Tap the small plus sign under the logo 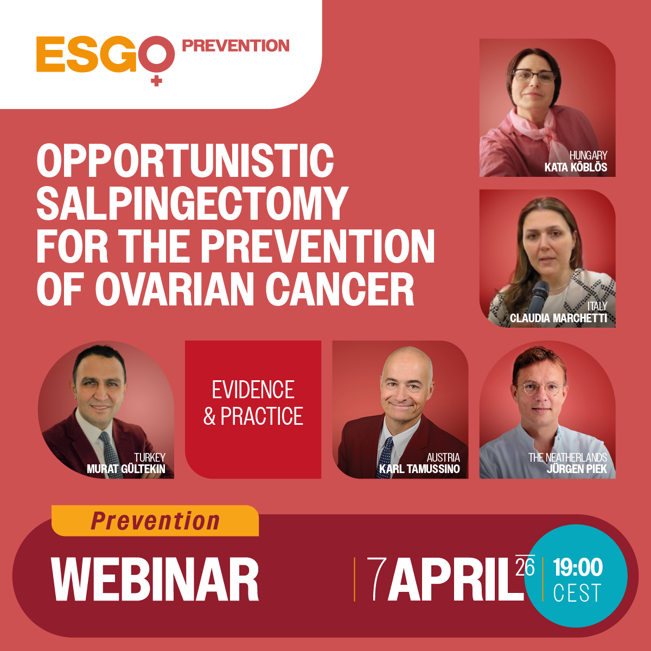click(156, 81)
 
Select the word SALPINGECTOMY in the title click(192, 203)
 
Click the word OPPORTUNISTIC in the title click(185, 160)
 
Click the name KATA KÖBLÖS click(576, 167)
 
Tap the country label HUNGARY click(588, 155)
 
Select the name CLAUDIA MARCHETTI click(558, 318)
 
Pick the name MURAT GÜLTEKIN click(126, 469)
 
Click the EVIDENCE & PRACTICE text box click(253, 410)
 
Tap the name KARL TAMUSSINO click(419, 469)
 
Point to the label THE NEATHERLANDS click(567, 457)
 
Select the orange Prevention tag click(155, 521)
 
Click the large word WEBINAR click(155, 579)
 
